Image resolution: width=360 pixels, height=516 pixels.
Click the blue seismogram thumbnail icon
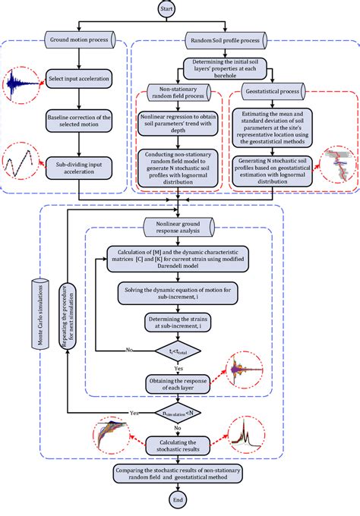[x=21, y=84]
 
